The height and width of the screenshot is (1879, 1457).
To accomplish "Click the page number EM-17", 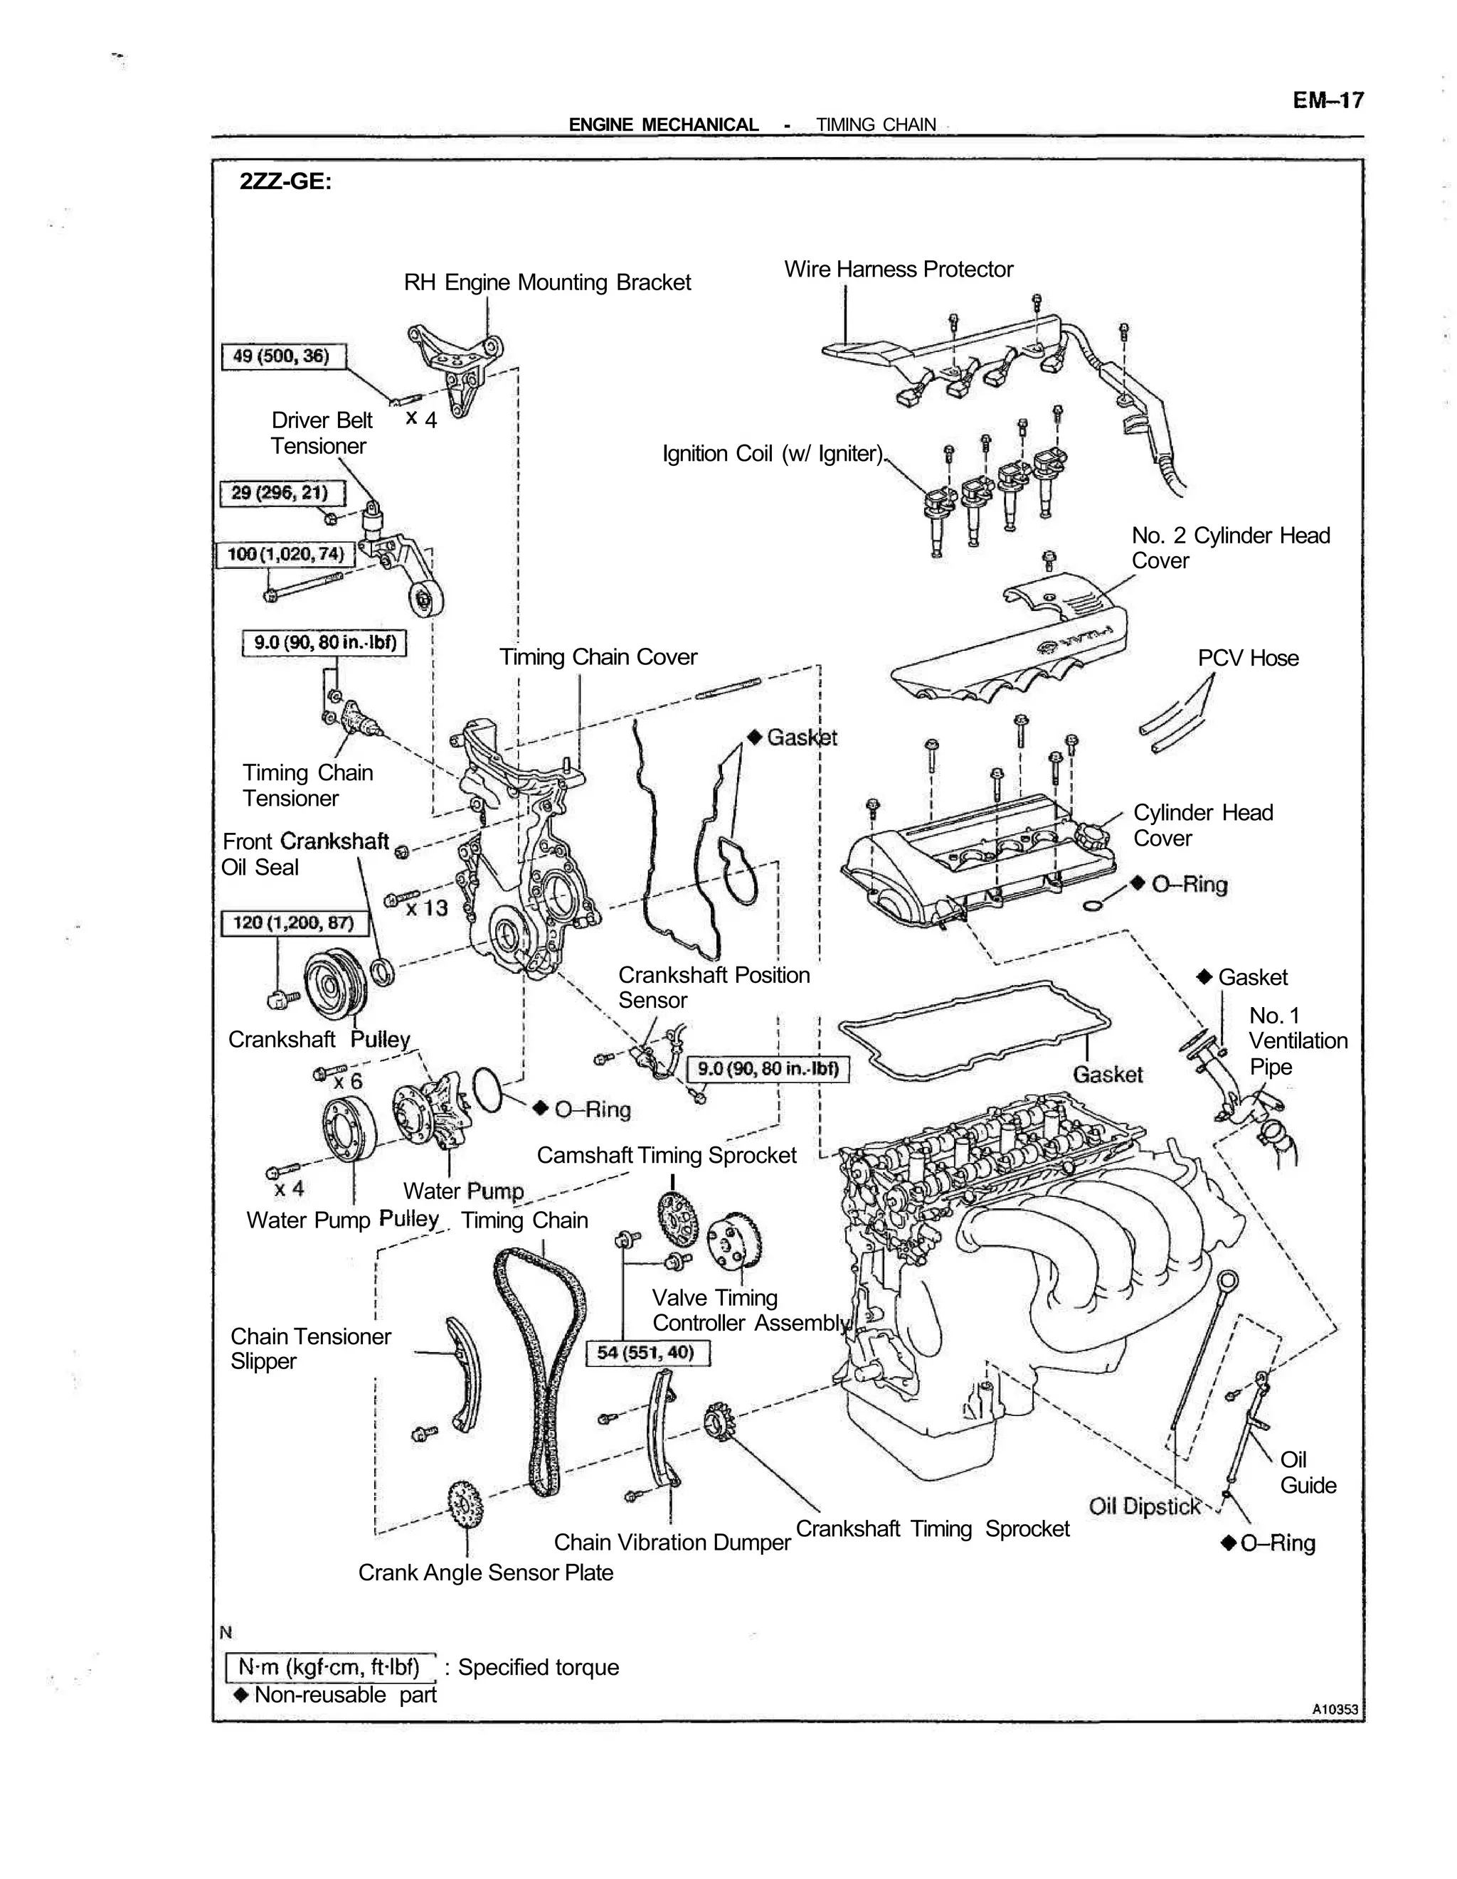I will (1327, 101).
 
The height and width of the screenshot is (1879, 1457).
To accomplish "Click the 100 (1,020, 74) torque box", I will (285, 554).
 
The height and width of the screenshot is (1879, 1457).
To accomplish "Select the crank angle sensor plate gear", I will (465, 1503).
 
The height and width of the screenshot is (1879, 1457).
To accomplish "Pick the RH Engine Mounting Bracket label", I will (547, 282).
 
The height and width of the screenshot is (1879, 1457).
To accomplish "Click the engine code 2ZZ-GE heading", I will (285, 181).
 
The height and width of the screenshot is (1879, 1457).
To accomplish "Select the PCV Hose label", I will (1247, 658).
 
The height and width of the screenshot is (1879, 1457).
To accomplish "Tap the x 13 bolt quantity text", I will (427, 907).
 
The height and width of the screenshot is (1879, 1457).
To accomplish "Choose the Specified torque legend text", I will (538, 1667).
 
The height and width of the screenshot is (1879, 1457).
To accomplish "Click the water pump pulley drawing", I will (349, 1128).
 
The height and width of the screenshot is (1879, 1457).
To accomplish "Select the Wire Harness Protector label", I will (898, 270).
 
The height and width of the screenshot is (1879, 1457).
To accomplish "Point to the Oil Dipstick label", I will (1144, 1506).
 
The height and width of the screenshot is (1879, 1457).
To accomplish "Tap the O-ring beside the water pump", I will (488, 1090).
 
